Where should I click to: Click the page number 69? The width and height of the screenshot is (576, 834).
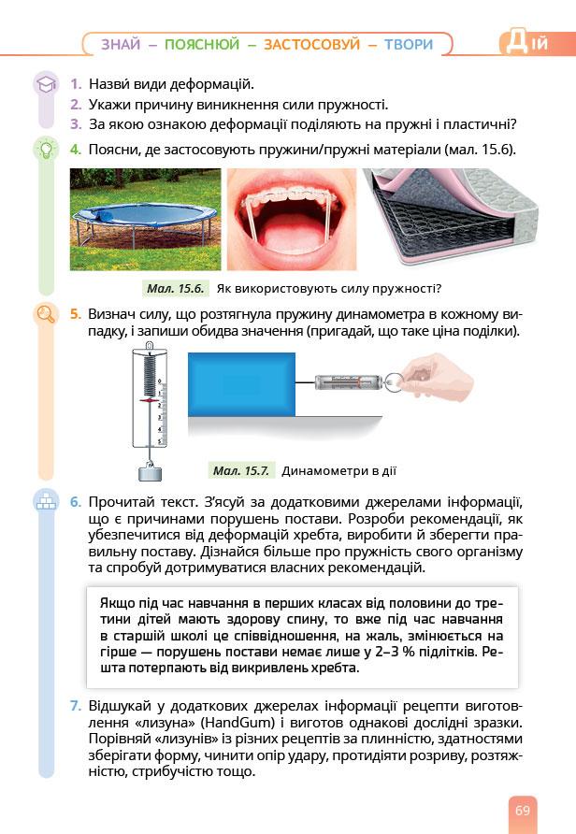[522, 810]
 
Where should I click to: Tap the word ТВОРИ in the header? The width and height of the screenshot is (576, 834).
[408, 44]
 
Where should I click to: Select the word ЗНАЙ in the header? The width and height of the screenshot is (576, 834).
[122, 44]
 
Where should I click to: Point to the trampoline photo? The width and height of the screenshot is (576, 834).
[146, 219]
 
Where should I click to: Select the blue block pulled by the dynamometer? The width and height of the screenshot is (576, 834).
[241, 383]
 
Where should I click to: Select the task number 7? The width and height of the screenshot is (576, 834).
[76, 704]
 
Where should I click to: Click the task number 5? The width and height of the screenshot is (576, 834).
[76, 314]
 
